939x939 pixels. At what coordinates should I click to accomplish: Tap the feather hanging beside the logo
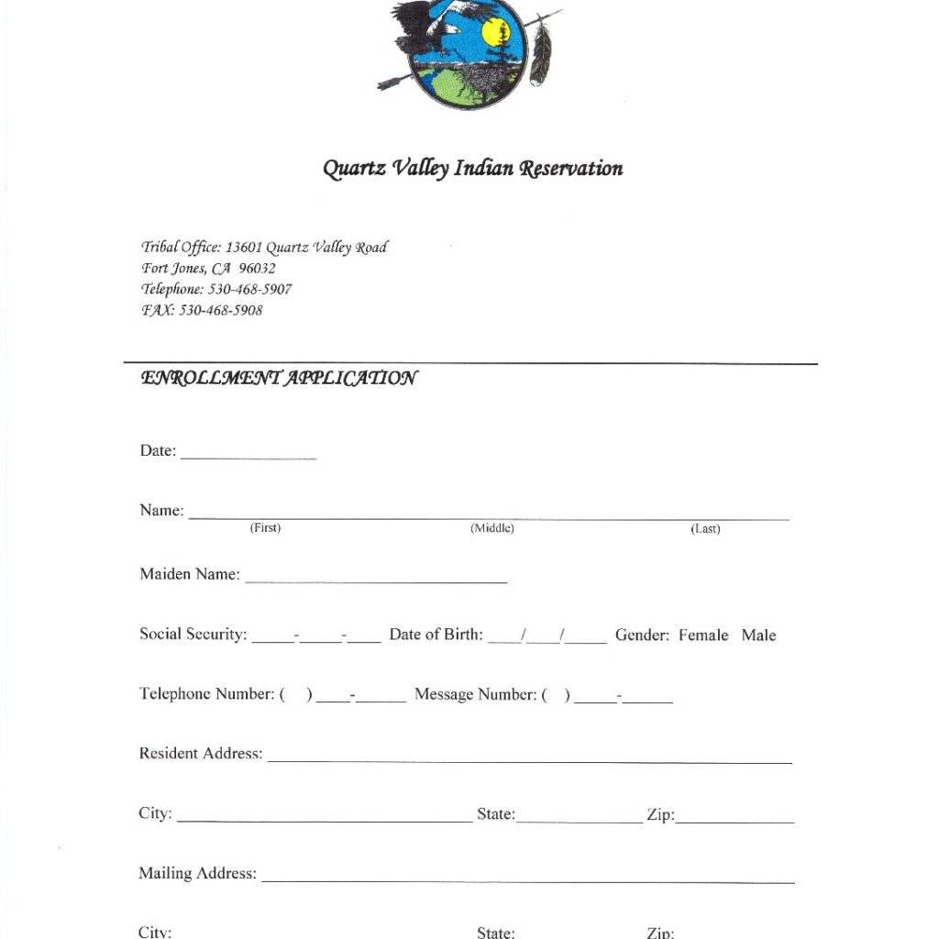tap(543, 52)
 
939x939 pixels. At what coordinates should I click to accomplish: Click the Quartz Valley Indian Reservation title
tap(472, 169)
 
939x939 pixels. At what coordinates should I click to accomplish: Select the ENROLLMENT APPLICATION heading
tap(279, 378)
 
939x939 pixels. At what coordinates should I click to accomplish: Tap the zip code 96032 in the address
tap(257, 268)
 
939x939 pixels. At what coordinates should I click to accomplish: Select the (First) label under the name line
tap(265, 528)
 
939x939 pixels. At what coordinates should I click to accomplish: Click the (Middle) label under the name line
tap(492, 528)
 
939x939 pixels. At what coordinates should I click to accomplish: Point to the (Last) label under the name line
tap(705, 529)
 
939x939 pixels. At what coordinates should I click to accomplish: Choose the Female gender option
tap(703, 635)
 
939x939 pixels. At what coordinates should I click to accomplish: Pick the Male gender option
tap(758, 635)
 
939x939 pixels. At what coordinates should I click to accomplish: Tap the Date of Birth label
tap(436, 635)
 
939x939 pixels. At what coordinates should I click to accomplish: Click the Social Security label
tap(193, 635)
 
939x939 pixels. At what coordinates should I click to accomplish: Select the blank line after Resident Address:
tap(529, 757)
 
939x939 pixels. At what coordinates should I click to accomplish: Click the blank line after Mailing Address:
tap(527, 878)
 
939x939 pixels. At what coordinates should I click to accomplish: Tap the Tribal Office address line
tap(264, 247)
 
